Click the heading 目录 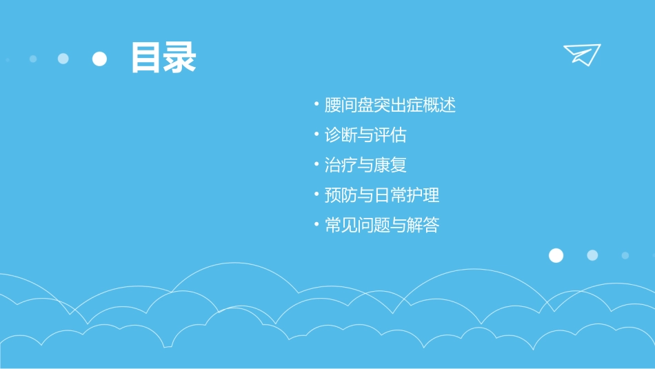163,58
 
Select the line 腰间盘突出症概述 390,106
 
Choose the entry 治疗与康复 365,166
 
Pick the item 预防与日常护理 382,195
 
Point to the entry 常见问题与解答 382,226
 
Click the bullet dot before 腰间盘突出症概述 316,106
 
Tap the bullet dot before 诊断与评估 316,135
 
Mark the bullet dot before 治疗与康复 316,166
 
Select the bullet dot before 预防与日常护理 316,195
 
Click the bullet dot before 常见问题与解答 316,226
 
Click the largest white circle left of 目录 100,59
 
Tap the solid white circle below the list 556,256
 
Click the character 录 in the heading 180,58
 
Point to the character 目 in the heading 147,58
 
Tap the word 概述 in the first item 439,106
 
